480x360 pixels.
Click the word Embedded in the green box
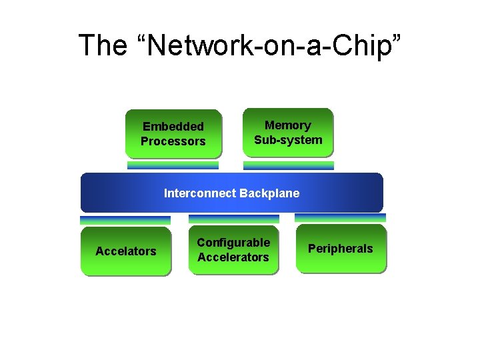173,127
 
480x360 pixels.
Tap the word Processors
173,141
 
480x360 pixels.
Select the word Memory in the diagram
288,125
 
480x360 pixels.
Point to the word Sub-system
288,140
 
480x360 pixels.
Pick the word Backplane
269,193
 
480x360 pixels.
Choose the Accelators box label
125,251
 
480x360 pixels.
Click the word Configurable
233,243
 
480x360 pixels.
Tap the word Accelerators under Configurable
233,257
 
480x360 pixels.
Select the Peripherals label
340,249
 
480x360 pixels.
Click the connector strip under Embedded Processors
173,165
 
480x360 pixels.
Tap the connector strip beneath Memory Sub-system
288,165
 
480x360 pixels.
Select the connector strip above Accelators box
125,220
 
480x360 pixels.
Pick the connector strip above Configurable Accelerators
233,219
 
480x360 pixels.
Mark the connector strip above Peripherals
340,218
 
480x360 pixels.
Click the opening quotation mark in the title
138,39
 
